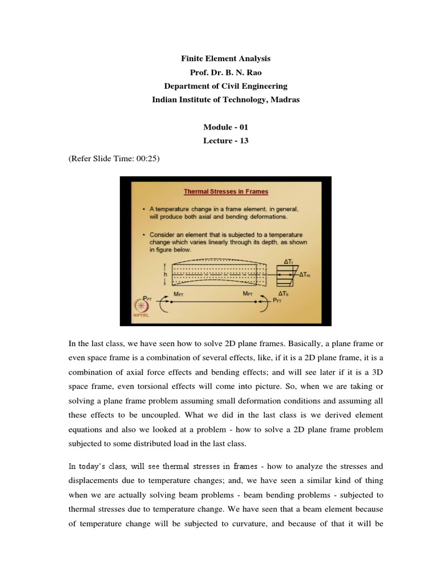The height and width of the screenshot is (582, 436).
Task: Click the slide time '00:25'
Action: click(x=148, y=160)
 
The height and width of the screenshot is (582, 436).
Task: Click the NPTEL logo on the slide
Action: click(x=138, y=308)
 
